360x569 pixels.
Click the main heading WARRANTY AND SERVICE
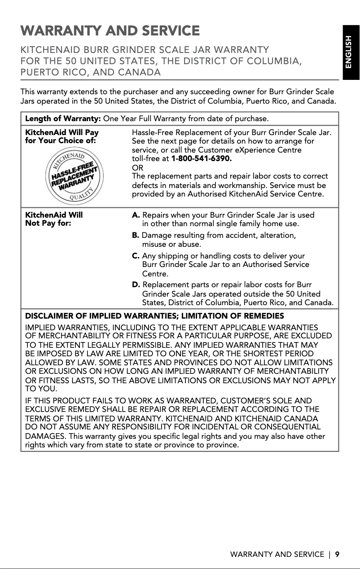(x=110, y=31)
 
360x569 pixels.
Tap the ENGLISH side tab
(x=351, y=53)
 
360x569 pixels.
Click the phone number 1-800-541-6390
(x=202, y=159)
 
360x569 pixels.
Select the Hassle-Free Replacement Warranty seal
(x=74, y=175)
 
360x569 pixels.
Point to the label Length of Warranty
(x=63, y=119)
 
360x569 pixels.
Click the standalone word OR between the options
(x=136, y=167)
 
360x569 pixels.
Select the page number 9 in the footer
(x=337, y=554)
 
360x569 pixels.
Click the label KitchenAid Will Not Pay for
(x=54, y=219)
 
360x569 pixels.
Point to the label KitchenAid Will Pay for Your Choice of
(x=62, y=136)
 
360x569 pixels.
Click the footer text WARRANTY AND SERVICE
(x=277, y=554)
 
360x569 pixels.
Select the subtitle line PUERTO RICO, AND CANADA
(x=91, y=72)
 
